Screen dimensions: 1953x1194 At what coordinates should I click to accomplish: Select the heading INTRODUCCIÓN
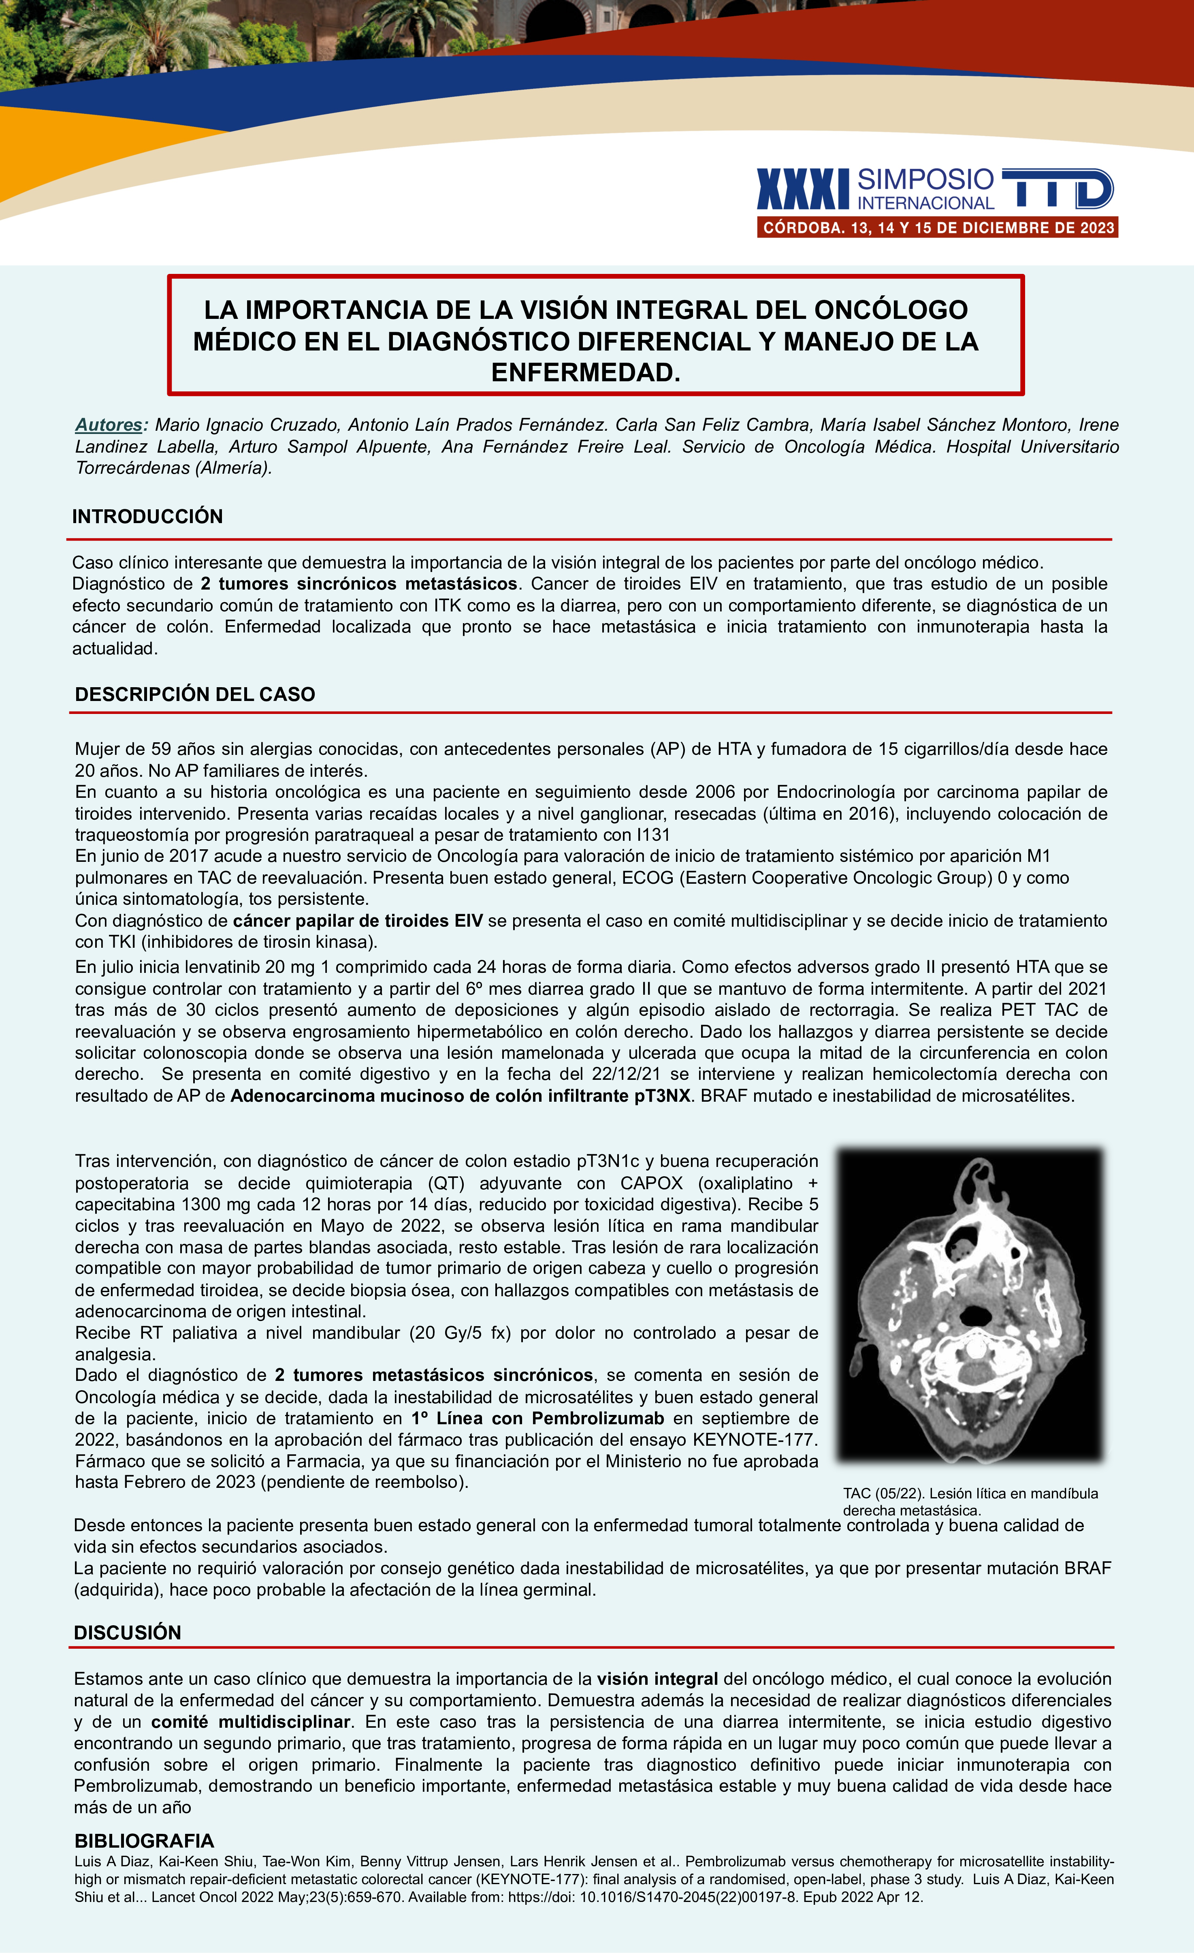pos(147,517)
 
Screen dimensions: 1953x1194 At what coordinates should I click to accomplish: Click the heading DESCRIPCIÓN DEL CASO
pos(195,694)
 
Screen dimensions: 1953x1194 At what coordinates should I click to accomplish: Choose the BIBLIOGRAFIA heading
pos(144,1840)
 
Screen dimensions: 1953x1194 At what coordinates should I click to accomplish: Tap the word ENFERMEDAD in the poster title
pos(586,372)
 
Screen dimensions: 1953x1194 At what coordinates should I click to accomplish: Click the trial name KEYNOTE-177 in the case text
pos(754,1439)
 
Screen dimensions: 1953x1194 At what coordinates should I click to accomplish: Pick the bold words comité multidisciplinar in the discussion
pos(250,1722)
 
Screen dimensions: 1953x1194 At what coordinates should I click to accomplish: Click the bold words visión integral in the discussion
pos(658,1679)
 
